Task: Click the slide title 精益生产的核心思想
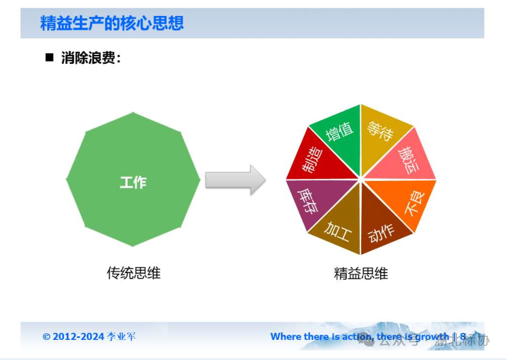click(112, 23)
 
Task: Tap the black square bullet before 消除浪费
click(50, 57)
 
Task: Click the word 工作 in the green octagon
click(133, 182)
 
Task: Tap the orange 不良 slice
click(410, 203)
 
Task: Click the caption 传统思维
click(133, 273)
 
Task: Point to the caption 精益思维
click(361, 274)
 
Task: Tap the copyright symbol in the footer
click(46, 336)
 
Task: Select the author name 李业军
click(121, 336)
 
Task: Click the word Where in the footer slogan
click(286, 336)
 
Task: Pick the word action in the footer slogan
click(356, 336)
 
